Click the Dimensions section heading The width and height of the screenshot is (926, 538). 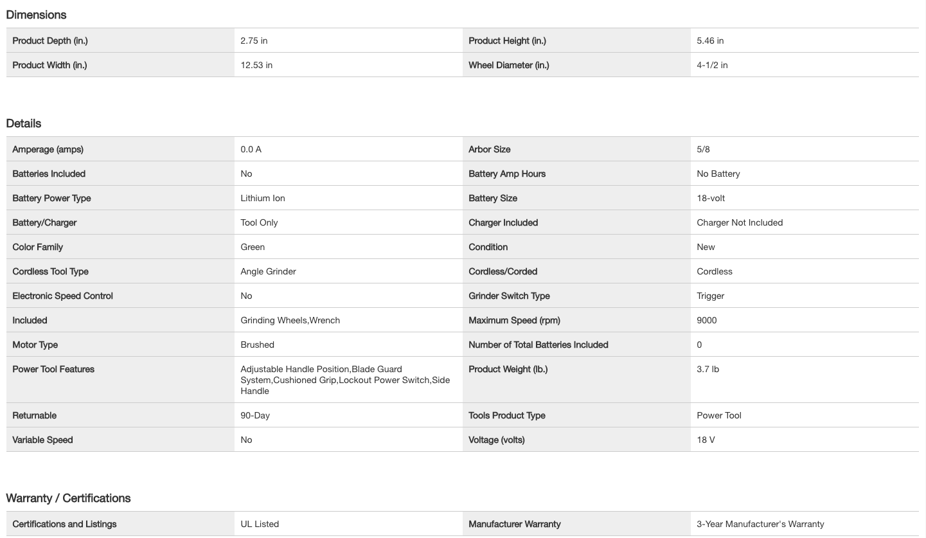coord(36,15)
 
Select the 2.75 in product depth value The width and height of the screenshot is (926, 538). coord(254,40)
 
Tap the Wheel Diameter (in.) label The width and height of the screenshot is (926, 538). coord(508,65)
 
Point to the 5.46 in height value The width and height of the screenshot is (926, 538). coord(710,40)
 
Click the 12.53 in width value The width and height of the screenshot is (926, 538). coord(256,65)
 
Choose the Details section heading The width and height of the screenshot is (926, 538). coord(24,123)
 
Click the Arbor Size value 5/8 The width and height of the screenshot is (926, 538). coord(703,149)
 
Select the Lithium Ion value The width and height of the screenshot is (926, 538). coord(263,198)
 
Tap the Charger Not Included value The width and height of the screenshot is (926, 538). coord(740,222)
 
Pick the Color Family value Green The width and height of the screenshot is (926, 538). coord(253,247)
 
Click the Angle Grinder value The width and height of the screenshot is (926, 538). coord(268,271)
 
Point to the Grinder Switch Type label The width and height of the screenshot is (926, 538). coord(509,296)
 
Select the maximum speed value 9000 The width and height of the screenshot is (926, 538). coord(706,320)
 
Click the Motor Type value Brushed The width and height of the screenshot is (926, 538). coord(257,345)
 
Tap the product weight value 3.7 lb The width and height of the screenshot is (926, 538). coord(708,369)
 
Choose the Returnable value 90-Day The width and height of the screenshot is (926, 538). coord(255,415)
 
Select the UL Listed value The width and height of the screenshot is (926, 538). coord(260,524)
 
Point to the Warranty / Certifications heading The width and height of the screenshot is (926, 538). coord(68,498)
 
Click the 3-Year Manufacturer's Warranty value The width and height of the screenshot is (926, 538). coord(760,524)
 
